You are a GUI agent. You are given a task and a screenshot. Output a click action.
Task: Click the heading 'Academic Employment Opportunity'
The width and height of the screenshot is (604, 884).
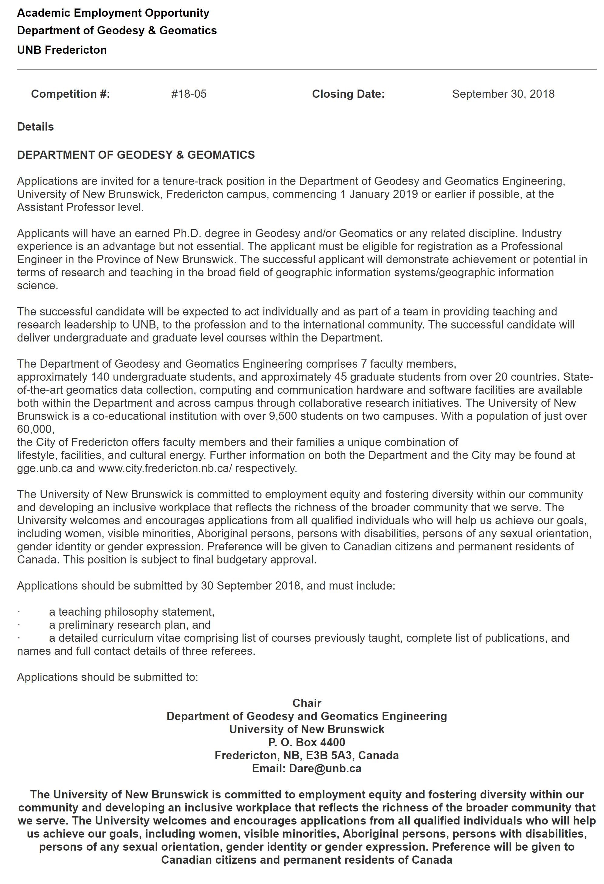tap(113, 13)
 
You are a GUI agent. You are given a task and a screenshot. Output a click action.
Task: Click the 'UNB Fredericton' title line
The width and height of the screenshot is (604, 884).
tap(62, 50)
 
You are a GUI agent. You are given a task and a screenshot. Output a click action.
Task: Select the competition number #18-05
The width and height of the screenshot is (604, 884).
tap(189, 94)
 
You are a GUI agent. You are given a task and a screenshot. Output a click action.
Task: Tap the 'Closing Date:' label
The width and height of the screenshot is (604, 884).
tap(348, 94)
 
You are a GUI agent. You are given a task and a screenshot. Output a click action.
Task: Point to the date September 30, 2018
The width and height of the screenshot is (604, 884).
tap(503, 94)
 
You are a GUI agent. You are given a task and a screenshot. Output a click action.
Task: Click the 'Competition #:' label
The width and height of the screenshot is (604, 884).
tap(70, 94)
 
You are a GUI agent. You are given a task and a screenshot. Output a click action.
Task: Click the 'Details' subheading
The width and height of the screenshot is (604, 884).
tap(36, 127)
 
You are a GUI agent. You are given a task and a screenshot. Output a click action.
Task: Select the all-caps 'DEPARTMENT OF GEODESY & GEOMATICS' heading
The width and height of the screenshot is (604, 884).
tap(136, 155)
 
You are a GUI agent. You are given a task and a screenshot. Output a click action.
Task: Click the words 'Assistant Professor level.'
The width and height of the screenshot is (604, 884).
tap(80, 207)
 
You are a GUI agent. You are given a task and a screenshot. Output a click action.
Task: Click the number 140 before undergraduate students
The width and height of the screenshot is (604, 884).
tap(100, 377)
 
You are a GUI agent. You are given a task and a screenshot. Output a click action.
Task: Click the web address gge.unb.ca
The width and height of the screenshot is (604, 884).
tap(45, 468)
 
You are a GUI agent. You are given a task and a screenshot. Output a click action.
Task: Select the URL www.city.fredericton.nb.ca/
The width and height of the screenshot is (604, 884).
tap(165, 468)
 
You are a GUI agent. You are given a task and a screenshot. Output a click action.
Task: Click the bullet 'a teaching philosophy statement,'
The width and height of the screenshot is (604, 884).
tap(132, 612)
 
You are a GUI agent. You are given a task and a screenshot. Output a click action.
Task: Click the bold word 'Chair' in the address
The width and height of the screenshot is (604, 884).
tap(307, 703)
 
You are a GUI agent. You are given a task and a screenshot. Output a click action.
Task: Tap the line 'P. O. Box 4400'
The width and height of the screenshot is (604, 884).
tap(307, 742)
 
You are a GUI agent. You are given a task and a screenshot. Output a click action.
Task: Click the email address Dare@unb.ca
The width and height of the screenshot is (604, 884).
tap(325, 768)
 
